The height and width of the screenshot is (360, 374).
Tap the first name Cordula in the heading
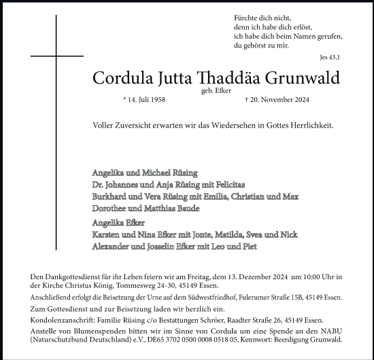(x=122, y=78)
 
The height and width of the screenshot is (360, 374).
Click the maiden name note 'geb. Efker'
(x=215, y=90)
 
